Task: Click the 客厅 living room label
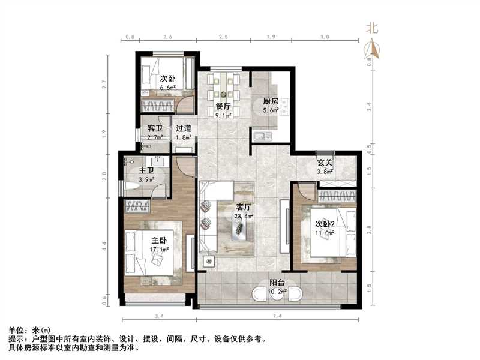242,208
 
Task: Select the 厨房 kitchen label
270,101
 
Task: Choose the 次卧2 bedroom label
326,224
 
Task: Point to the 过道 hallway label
184,128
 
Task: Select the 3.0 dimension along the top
325,37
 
